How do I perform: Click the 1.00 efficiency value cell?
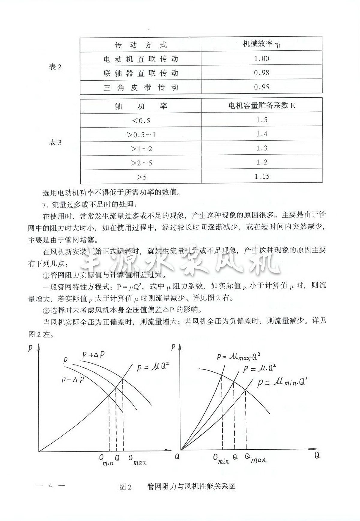(x=261, y=58)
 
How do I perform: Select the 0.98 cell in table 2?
(x=261, y=73)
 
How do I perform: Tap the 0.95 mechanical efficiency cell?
(x=261, y=87)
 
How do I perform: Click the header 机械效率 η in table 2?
(x=261, y=44)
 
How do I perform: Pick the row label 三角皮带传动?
(x=141, y=87)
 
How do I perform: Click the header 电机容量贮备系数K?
(x=262, y=105)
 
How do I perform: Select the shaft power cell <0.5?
(x=141, y=121)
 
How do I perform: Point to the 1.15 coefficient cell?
(x=262, y=176)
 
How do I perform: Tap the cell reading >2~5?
(x=141, y=163)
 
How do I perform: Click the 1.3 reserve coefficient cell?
(x=262, y=148)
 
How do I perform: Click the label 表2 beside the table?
(x=55, y=67)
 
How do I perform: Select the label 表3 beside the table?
(x=55, y=142)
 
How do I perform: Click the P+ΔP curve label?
(x=93, y=355)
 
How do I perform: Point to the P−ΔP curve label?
(x=73, y=380)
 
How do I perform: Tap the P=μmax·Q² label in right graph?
(x=238, y=357)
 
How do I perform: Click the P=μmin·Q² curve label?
(x=282, y=383)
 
